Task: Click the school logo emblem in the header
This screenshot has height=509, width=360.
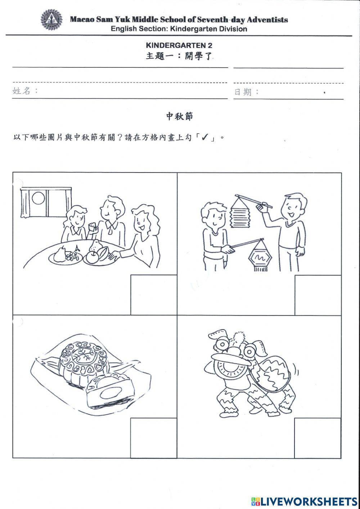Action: [51, 20]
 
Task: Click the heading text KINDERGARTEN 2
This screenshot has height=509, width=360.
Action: [179, 45]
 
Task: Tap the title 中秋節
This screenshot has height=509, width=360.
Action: [179, 116]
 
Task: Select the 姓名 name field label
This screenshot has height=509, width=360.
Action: [22, 91]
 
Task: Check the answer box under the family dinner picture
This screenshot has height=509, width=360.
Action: [153, 295]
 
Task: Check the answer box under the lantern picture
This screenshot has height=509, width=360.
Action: [318, 295]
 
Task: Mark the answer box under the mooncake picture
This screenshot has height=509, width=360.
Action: [153, 438]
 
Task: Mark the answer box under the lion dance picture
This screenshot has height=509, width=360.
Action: [318, 438]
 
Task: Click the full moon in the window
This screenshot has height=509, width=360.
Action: [38, 198]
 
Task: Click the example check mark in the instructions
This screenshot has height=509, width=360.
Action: [205, 137]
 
